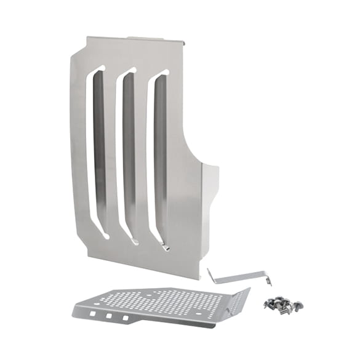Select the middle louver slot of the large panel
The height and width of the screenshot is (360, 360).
pos(129,154)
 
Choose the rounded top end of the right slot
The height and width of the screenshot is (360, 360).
pos(164,74)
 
